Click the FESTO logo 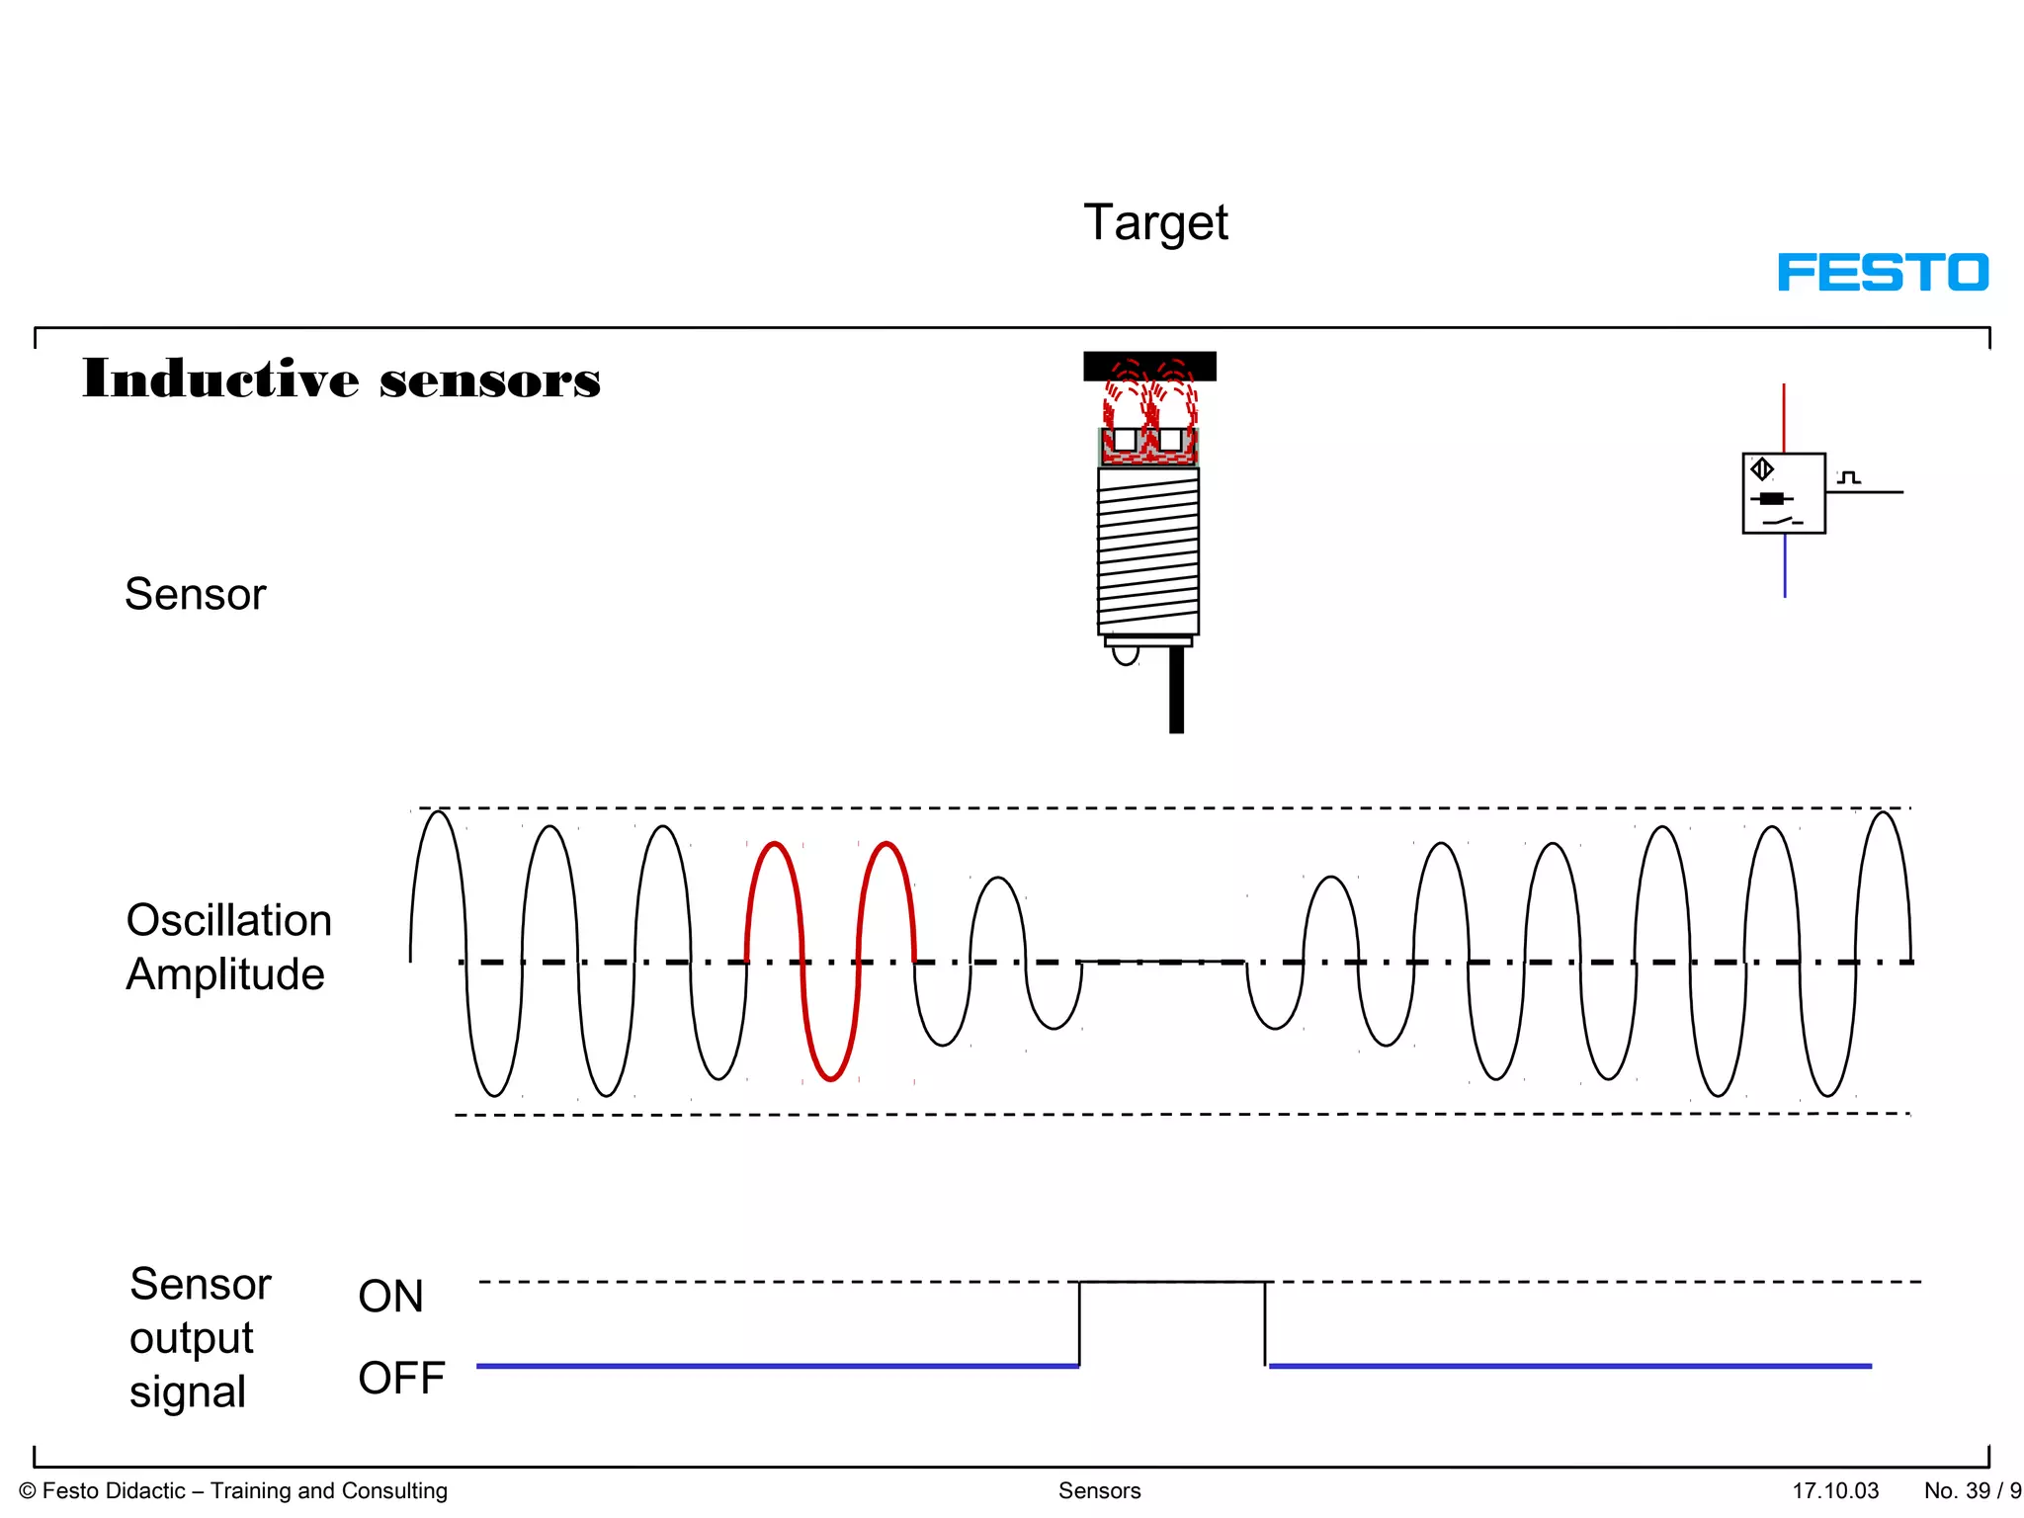click(1883, 272)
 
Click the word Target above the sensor click(1155, 223)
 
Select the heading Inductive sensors click(341, 379)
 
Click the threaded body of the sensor click(1148, 551)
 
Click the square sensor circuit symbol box click(1783, 493)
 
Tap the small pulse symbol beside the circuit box click(1848, 478)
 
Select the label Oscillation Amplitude click(228, 947)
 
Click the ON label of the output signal click(390, 1296)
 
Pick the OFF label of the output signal click(401, 1378)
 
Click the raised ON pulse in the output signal click(1171, 1283)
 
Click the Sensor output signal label click(199, 1338)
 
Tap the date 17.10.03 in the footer click(1835, 1490)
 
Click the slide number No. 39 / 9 click(1972, 1490)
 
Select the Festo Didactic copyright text click(233, 1490)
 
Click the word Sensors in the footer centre click(1099, 1490)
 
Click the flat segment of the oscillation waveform click(1163, 961)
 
